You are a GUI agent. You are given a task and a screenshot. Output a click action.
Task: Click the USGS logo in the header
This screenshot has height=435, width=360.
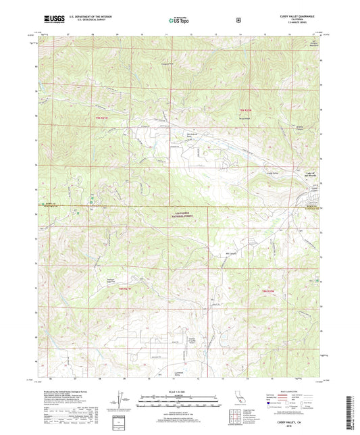pyautogui.click(x=50, y=21)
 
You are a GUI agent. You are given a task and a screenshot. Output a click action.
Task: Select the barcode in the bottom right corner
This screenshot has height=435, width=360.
pyautogui.click(x=350, y=411)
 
